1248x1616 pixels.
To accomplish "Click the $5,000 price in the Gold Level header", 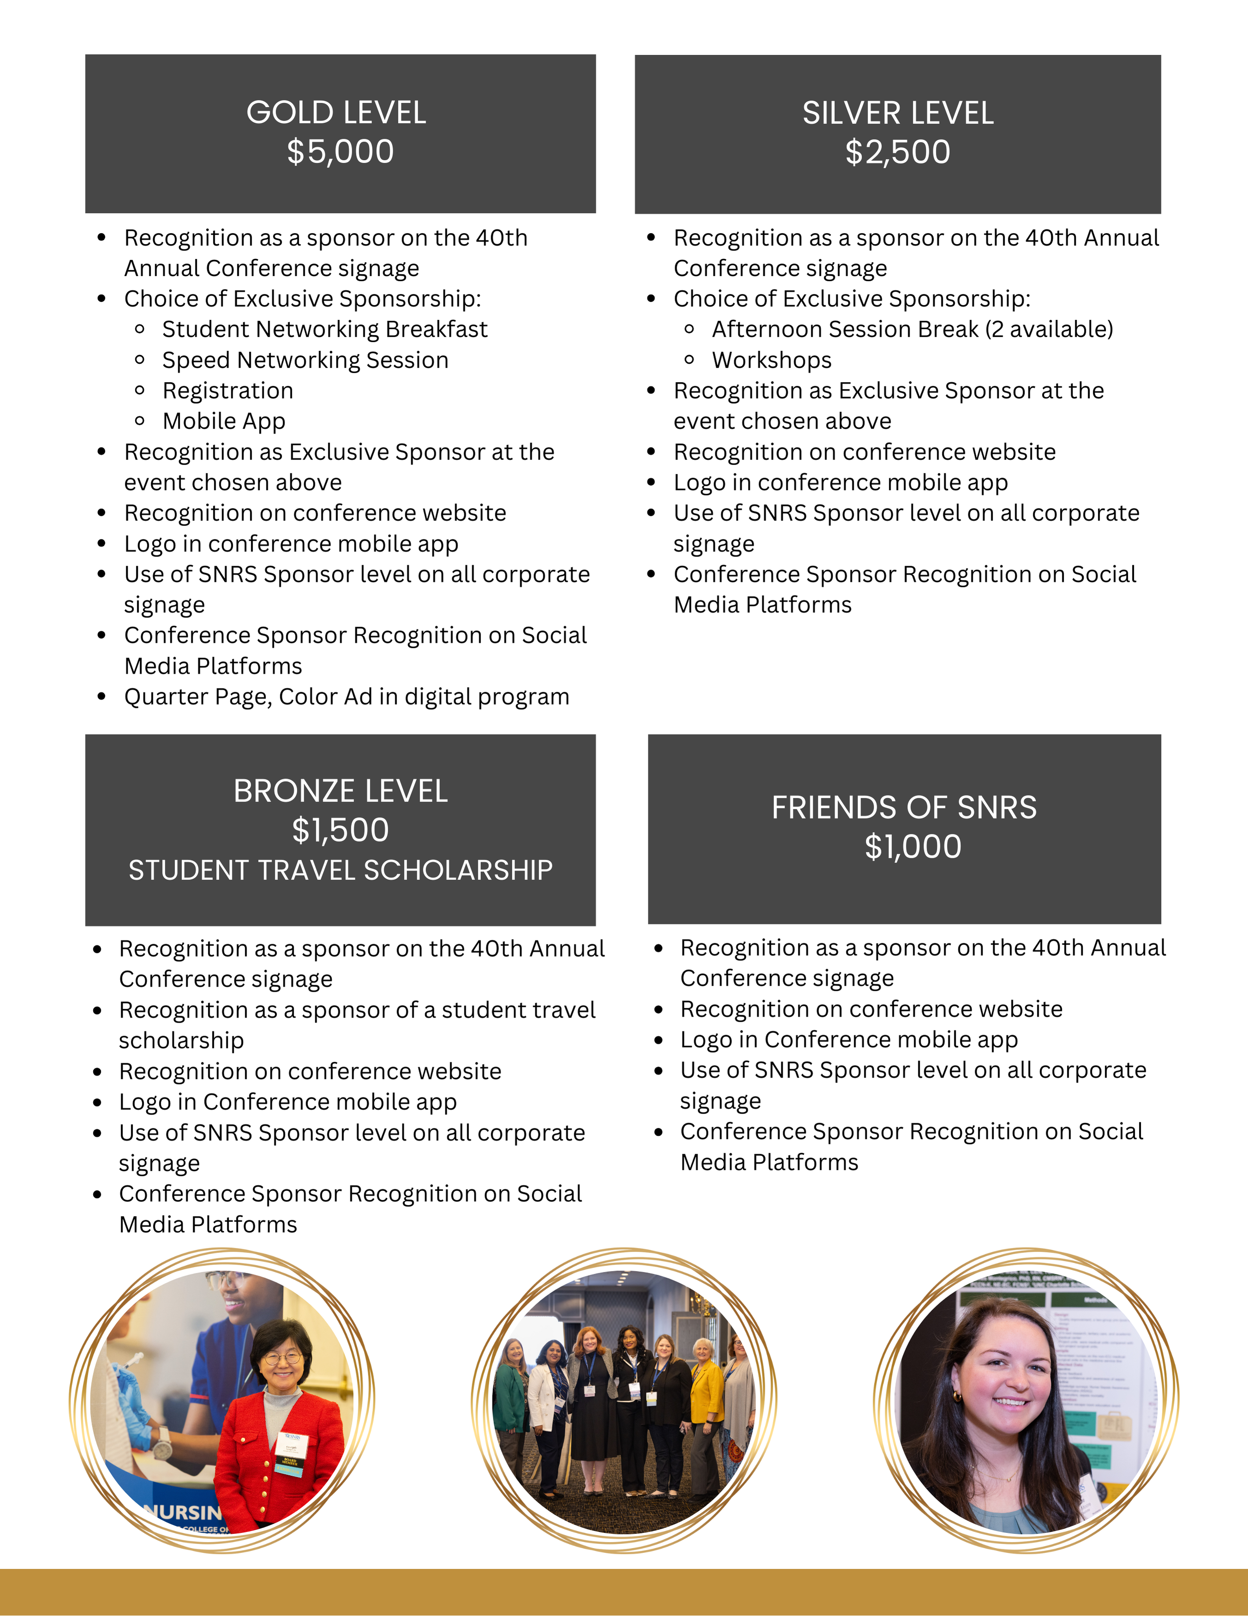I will tap(340, 152).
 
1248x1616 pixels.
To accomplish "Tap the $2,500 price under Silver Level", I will tap(897, 152).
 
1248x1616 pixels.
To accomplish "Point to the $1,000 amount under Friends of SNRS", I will tap(913, 846).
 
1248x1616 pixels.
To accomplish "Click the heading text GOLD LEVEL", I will tap(336, 113).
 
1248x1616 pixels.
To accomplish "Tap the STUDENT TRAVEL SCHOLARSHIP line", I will tap(340, 870).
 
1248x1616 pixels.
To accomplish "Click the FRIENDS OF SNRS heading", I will tap(904, 807).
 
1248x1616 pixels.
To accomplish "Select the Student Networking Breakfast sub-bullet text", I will tap(325, 329).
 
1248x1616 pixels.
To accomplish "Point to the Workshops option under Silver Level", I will tap(772, 360).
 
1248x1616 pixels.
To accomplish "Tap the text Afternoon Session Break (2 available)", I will tap(912, 329).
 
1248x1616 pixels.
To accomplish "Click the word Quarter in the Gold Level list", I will tap(157, 697).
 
